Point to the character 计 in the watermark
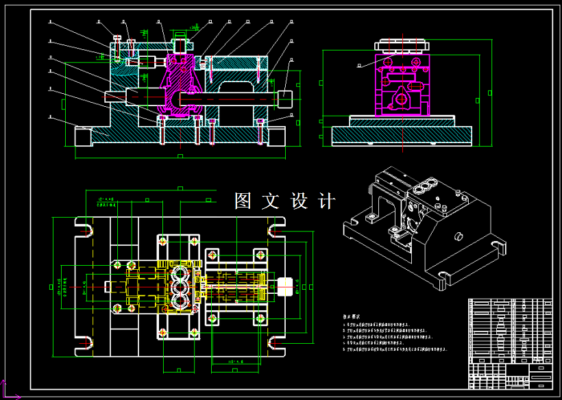pyautogui.click(x=328, y=201)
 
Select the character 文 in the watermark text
pyautogui.click(x=272, y=201)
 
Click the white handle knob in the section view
pyautogui.click(x=284, y=97)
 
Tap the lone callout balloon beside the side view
pyautogui.click(x=361, y=66)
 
